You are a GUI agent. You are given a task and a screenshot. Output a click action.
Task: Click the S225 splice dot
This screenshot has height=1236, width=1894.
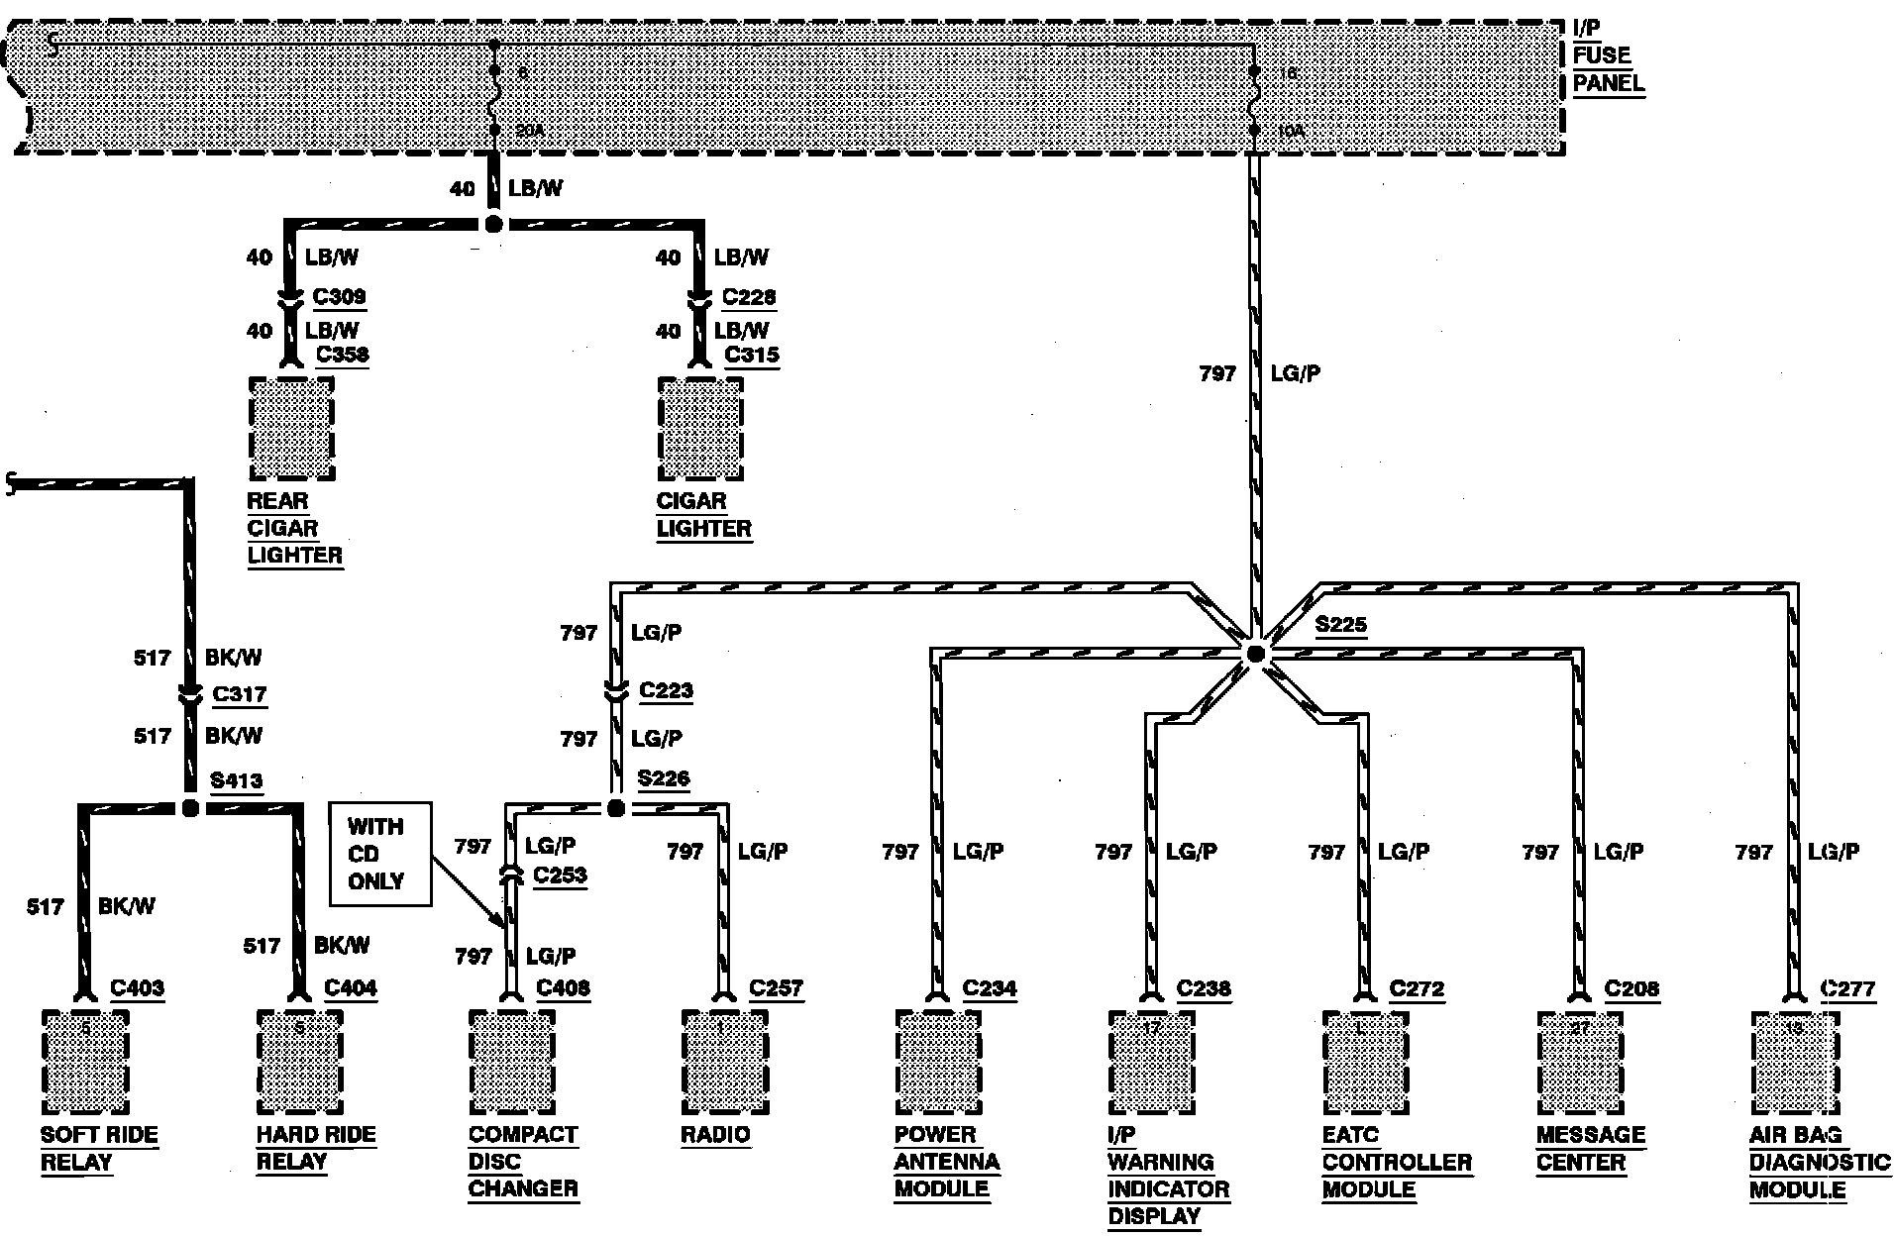pyautogui.click(x=1255, y=654)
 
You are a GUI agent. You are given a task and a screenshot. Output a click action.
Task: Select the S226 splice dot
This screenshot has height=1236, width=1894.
pyautogui.click(x=615, y=808)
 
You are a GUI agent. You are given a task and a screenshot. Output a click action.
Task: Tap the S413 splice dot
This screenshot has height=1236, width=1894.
pyautogui.click(x=191, y=808)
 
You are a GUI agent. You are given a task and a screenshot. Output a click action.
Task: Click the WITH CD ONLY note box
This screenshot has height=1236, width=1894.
pyautogui.click(x=380, y=854)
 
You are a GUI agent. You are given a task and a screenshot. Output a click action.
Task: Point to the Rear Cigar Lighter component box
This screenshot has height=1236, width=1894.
pyautogui.click(x=291, y=428)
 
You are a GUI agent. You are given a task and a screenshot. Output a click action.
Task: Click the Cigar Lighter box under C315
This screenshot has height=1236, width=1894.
pyautogui.click(x=700, y=428)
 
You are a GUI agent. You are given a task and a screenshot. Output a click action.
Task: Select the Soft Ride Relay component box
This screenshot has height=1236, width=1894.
pyautogui.click(x=85, y=1061)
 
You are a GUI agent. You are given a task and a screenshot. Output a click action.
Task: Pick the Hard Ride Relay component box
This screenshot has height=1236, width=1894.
pyautogui.click(x=299, y=1061)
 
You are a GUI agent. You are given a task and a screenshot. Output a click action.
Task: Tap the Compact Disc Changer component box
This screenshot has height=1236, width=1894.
pyautogui.click(x=511, y=1061)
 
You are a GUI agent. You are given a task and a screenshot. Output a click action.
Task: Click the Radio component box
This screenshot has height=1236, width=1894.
pyautogui.click(x=724, y=1061)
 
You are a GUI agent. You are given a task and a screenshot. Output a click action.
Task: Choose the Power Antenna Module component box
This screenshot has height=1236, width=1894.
pyautogui.click(x=937, y=1061)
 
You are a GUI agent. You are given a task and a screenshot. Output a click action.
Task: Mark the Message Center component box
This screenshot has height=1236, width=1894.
pyautogui.click(x=1579, y=1061)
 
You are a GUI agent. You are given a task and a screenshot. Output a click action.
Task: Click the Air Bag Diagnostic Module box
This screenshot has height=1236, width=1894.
pyautogui.click(x=1793, y=1061)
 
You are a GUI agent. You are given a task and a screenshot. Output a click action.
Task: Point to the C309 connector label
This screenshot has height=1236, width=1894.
pyautogui.click(x=339, y=296)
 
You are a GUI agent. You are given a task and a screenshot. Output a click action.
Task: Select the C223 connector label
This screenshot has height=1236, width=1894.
pyautogui.click(x=666, y=690)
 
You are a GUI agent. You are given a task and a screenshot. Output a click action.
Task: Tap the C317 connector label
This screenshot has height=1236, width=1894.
pyautogui.click(x=240, y=694)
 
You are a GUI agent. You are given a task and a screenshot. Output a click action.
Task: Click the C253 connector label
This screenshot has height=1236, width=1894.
pyautogui.click(x=560, y=875)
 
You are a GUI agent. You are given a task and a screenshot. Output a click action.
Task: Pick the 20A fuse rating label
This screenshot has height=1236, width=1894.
pyautogui.click(x=529, y=131)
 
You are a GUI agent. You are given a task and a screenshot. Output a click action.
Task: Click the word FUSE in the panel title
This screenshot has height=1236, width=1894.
pyautogui.click(x=1601, y=55)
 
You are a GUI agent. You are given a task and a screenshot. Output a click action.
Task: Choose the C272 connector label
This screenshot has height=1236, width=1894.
pyautogui.click(x=1417, y=988)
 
